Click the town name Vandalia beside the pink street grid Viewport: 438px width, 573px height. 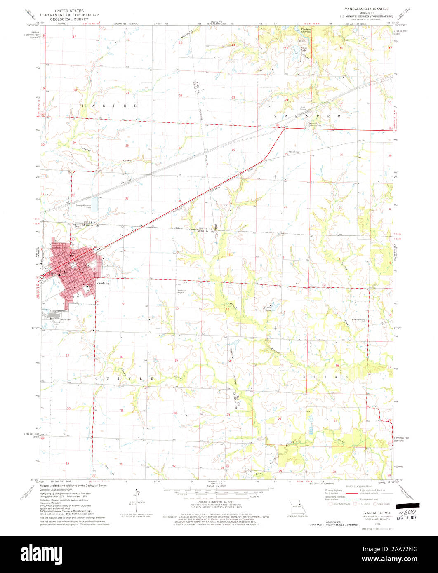(x=103, y=284)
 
